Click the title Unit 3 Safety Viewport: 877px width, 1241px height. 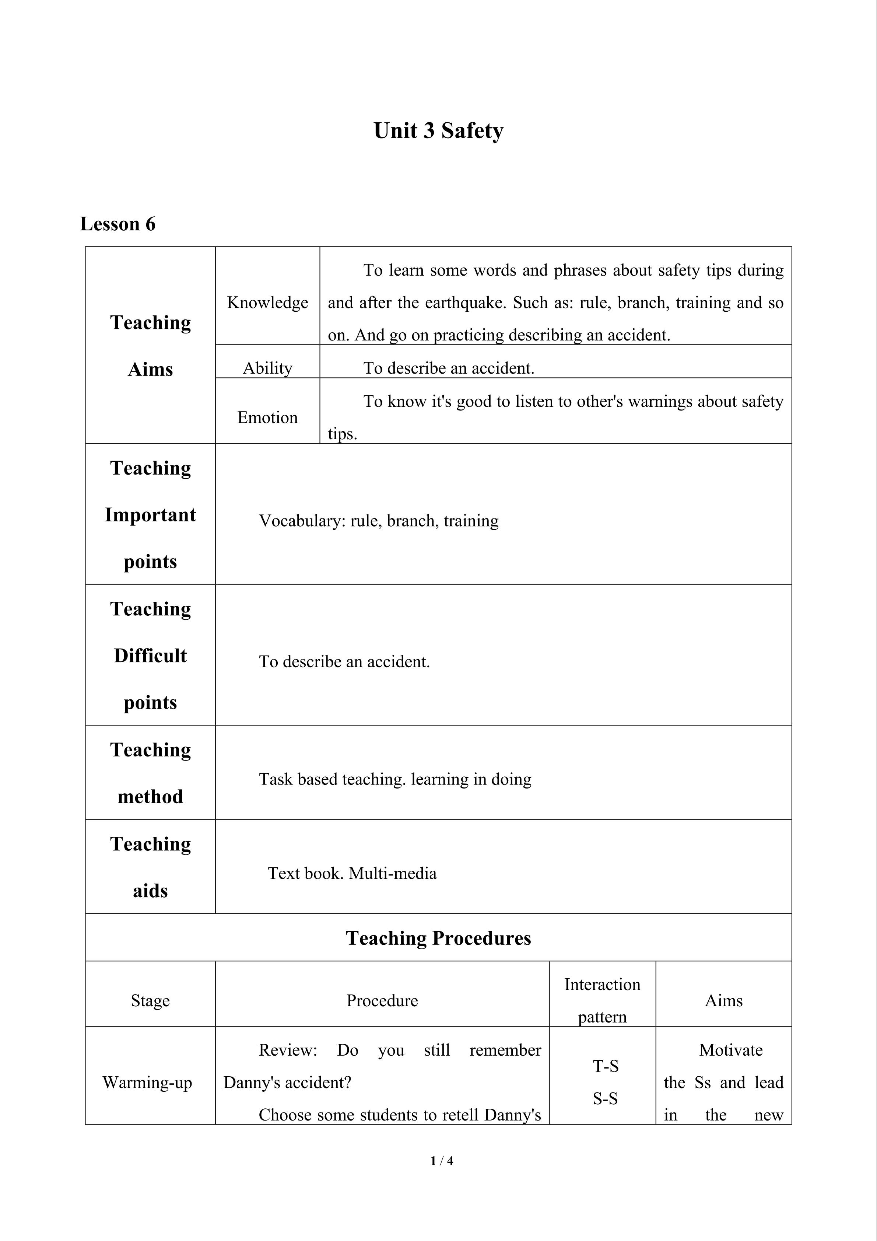(438, 131)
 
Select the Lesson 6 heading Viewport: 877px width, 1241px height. (118, 224)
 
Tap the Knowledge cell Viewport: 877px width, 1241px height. (267, 302)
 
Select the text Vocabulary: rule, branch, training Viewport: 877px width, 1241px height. (379, 521)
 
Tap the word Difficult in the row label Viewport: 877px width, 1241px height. (150, 656)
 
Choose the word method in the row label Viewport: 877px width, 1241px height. (150, 797)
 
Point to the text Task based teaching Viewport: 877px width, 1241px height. (332, 779)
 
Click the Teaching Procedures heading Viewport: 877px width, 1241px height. (438, 938)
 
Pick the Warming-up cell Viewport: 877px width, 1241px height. (148, 1082)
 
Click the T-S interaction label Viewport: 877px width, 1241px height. (605, 1066)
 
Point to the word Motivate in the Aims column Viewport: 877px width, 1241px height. (730, 1050)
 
